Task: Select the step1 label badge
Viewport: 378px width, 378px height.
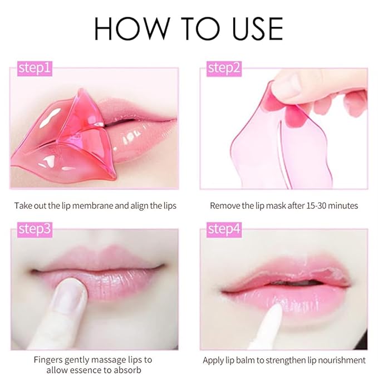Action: click(x=35, y=68)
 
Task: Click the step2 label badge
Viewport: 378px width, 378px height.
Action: click(x=224, y=68)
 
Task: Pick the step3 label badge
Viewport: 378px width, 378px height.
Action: click(x=35, y=229)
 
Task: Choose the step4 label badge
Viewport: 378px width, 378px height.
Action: click(x=224, y=229)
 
